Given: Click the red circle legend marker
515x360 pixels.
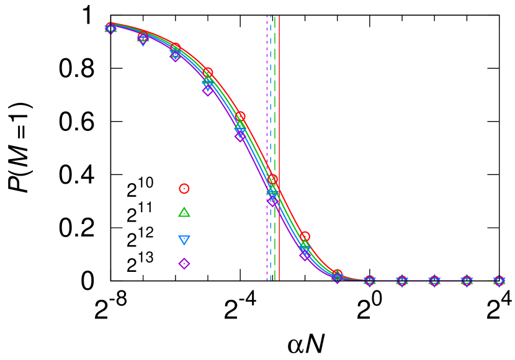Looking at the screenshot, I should [x=184, y=189].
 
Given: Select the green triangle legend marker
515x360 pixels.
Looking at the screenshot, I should [x=184, y=212].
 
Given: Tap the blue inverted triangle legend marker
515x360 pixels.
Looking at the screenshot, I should [x=184, y=240].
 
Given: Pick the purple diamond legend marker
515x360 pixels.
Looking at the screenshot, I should [x=184, y=264].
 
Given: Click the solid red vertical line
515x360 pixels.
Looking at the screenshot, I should [x=279, y=93].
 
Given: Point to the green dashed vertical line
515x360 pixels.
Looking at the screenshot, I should [x=275, y=93].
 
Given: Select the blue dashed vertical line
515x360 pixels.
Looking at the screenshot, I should [x=271, y=93].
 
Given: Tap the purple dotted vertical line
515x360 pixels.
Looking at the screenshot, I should [x=267, y=93].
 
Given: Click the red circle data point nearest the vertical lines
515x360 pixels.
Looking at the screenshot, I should [x=272, y=179].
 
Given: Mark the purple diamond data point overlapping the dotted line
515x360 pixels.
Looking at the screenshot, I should [x=272, y=202].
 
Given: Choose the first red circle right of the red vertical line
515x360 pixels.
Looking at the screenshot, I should [x=305, y=236].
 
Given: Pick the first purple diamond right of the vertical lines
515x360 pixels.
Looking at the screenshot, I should [x=305, y=255].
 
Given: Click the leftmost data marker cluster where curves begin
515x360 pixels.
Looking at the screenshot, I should [x=110, y=28].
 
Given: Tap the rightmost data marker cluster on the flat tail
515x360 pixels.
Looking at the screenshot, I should [x=499, y=281].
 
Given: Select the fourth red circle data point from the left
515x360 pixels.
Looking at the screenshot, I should [x=207, y=73].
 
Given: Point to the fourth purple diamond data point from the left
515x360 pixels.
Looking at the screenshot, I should [x=208, y=90].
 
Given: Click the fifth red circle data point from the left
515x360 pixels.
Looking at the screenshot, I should [x=240, y=116].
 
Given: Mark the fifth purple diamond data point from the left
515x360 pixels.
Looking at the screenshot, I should [x=240, y=136].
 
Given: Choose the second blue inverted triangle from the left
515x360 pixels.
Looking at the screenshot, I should [x=143, y=41].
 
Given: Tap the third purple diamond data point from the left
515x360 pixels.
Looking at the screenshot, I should [x=176, y=56].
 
